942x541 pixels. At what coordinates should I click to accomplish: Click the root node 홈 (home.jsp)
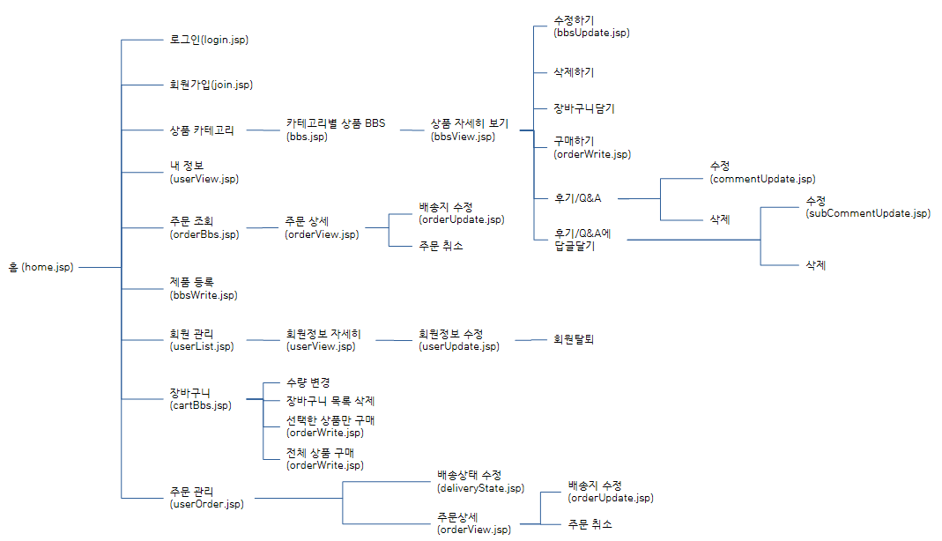pyautogui.click(x=41, y=267)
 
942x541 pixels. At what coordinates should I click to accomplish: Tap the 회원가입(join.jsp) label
pyautogui.click(x=211, y=85)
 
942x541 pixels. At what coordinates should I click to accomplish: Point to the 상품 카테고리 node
pyautogui.click(x=202, y=130)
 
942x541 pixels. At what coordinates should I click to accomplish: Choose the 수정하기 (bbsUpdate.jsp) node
pyautogui.click(x=591, y=26)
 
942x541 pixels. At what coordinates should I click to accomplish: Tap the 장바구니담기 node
pyautogui.click(x=584, y=108)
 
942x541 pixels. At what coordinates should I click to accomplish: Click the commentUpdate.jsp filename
pyautogui.click(x=762, y=179)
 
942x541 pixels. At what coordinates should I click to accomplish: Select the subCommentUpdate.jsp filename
pyautogui.click(x=867, y=213)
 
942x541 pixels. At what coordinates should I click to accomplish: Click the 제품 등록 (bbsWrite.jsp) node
pyautogui.click(x=204, y=289)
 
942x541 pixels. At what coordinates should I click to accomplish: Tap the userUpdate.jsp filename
pyautogui.click(x=459, y=346)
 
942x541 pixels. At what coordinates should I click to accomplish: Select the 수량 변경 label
pyautogui.click(x=308, y=382)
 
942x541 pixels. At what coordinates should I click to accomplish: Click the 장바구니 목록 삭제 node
pyautogui.click(x=330, y=401)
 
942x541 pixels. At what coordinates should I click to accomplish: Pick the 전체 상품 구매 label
pyautogui.click(x=324, y=452)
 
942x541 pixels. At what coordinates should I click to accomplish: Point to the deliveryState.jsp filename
pyautogui.click(x=480, y=488)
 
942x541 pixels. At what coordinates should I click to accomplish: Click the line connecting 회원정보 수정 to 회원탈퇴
pyautogui.click(x=529, y=339)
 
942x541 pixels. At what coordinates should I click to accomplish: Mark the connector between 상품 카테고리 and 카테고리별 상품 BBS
pyautogui.click(x=263, y=130)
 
